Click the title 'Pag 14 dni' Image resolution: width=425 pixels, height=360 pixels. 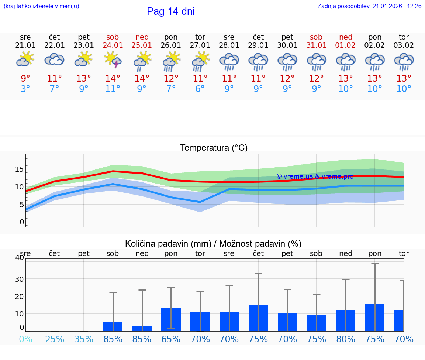click(170, 11)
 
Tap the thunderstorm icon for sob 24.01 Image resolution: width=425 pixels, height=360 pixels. click(113, 59)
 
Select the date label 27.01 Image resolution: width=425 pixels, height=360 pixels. click(200, 45)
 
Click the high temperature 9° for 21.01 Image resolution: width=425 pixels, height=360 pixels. click(25, 79)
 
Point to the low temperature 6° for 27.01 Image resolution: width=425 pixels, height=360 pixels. click(200, 89)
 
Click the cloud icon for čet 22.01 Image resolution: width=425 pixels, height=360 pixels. click(55, 59)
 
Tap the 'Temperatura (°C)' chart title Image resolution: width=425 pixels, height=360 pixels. click(214, 148)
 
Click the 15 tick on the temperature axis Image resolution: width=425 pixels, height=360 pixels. click(19, 169)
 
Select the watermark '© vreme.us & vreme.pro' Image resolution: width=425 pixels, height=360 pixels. click(315, 176)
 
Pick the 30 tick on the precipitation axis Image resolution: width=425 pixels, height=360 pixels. click(19, 279)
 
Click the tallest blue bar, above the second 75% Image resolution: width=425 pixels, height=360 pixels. click(374, 317)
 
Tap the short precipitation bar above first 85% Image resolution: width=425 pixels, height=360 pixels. click(113, 326)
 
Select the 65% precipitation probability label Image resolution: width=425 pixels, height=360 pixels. click(171, 339)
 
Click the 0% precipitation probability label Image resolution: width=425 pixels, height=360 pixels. click(25, 339)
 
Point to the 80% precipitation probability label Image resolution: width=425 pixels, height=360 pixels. click(346, 339)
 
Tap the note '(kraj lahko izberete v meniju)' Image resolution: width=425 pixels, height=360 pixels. click(41, 6)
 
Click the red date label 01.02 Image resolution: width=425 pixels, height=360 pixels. click(346, 45)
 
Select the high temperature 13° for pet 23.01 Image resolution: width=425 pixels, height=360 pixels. click(84, 79)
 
